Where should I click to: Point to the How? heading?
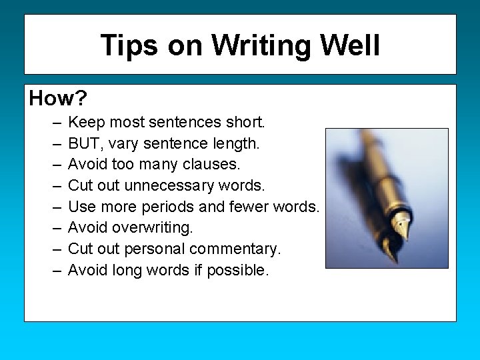(x=58, y=99)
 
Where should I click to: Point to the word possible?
(x=238, y=270)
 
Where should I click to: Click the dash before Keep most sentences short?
(x=53, y=123)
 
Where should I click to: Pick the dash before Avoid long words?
(x=53, y=271)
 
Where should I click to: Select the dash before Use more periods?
(x=53, y=207)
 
